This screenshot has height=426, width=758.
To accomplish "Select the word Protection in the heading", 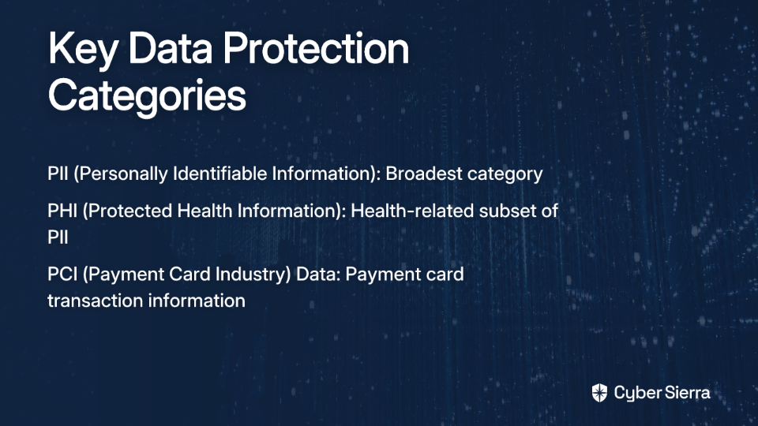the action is click(316, 48).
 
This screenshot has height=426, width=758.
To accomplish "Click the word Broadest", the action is click(423, 173).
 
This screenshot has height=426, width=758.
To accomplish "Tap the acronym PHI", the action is click(62, 211).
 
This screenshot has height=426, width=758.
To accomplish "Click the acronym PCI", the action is click(62, 274).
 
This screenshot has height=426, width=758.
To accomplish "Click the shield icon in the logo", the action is click(599, 393).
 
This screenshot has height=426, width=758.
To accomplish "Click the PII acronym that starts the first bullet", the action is click(58, 174).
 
